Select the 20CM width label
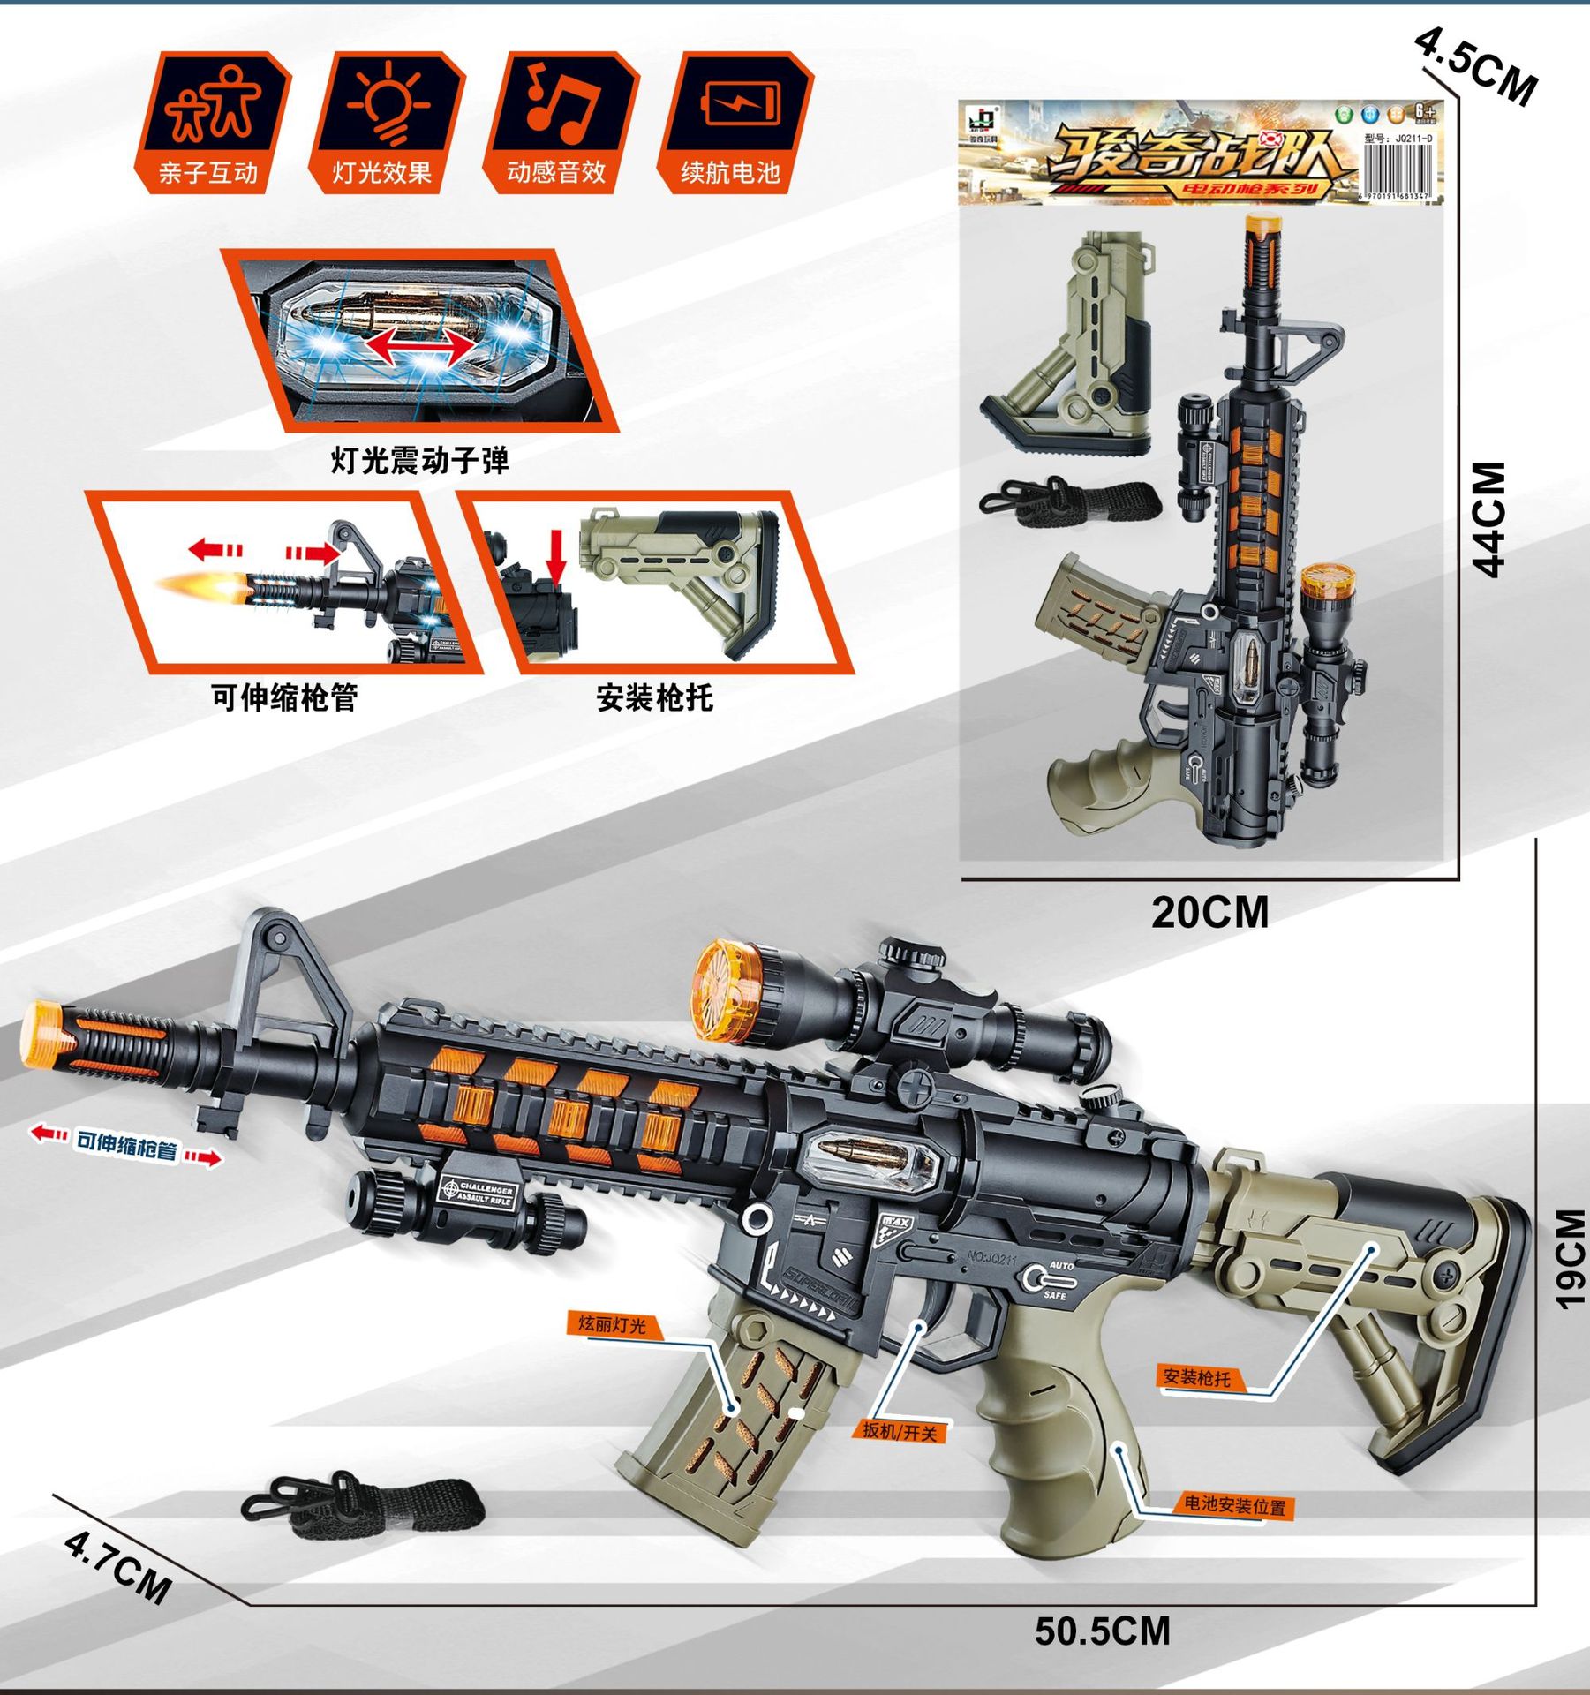1209,912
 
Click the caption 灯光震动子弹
419,460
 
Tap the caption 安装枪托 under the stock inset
654,697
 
